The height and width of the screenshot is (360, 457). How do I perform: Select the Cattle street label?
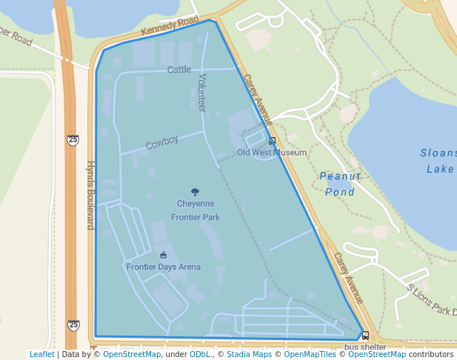pos(179,70)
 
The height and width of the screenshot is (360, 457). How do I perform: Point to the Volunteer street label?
pos(201,93)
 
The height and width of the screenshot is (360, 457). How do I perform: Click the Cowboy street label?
pos(162,142)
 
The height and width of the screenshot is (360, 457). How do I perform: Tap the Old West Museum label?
pos(271,153)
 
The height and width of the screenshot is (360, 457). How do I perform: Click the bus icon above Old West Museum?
pos(272,141)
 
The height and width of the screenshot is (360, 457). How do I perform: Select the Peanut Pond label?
pos(341,184)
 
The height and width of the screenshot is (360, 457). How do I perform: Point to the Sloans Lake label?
pos(438,161)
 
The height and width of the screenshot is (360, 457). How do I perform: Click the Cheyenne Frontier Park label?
pos(196,210)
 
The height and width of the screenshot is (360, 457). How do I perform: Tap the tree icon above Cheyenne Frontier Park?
pos(196,192)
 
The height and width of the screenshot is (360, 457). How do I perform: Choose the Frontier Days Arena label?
pos(163,267)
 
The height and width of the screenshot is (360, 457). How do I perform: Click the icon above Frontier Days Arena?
pos(163,256)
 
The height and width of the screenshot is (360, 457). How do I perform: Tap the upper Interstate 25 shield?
pos(72,139)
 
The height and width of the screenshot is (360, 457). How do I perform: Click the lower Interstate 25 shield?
pos(73,324)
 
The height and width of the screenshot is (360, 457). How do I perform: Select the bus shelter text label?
pos(365,347)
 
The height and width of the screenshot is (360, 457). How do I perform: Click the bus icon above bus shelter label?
pos(365,336)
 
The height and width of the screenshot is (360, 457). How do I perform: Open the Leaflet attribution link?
pos(41,354)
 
